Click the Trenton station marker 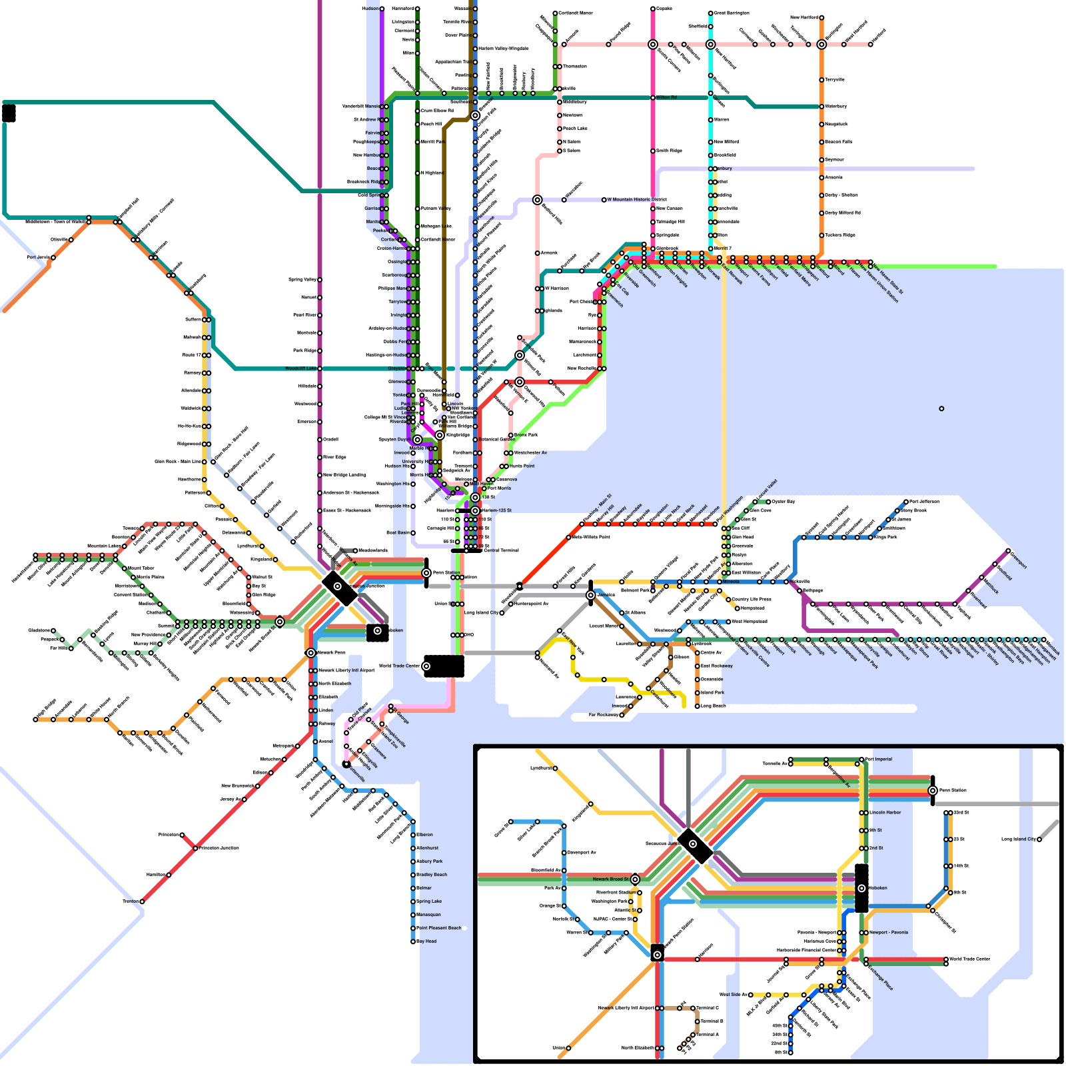tap(142, 901)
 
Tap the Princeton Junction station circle tap(195, 848)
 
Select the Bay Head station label tap(426, 941)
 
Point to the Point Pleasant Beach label tap(439, 928)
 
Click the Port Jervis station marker tap(49, 257)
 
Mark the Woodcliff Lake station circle tap(320, 368)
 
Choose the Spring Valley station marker tap(320, 280)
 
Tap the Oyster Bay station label tap(783, 502)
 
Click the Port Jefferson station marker tap(906, 502)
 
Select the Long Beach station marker tap(698, 706)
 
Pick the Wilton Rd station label tap(667, 98)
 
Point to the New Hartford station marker tap(821, 18)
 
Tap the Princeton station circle tap(182, 835)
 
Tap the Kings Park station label tap(885, 537)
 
